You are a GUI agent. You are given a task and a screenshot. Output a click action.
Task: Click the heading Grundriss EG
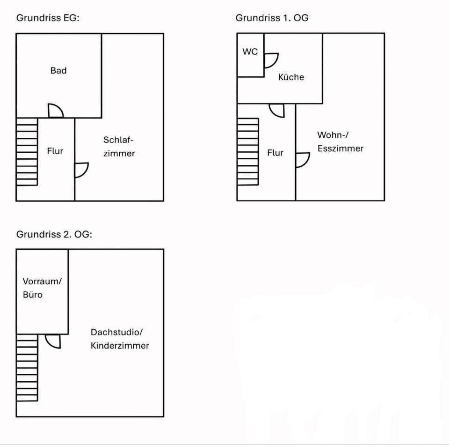pyautogui.click(x=48, y=18)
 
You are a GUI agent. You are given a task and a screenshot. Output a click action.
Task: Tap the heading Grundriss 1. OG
pyautogui.click(x=272, y=18)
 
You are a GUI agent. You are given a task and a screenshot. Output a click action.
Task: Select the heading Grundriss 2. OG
pyautogui.click(x=54, y=234)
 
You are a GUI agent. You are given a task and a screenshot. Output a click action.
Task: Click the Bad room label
pyautogui.click(x=58, y=71)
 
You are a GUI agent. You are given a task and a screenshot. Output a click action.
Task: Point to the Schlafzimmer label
pyautogui.click(x=119, y=147)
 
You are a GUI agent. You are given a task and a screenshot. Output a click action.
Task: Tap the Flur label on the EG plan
pyautogui.click(x=55, y=151)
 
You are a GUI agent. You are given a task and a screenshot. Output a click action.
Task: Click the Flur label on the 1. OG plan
pyautogui.click(x=275, y=153)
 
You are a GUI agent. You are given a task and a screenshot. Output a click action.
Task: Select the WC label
pyautogui.click(x=250, y=52)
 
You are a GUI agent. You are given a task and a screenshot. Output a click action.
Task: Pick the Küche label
pyautogui.click(x=291, y=77)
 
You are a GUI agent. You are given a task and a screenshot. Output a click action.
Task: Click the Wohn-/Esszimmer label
pyautogui.click(x=340, y=141)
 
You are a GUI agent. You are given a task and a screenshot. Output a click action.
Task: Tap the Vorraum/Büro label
pyautogui.click(x=42, y=288)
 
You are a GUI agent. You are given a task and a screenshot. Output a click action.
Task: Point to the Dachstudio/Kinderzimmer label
pyautogui.click(x=120, y=339)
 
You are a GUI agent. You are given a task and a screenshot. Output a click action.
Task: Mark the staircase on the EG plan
pyautogui.click(x=27, y=152)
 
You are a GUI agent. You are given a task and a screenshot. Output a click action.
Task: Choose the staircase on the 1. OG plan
pyautogui.click(x=248, y=152)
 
